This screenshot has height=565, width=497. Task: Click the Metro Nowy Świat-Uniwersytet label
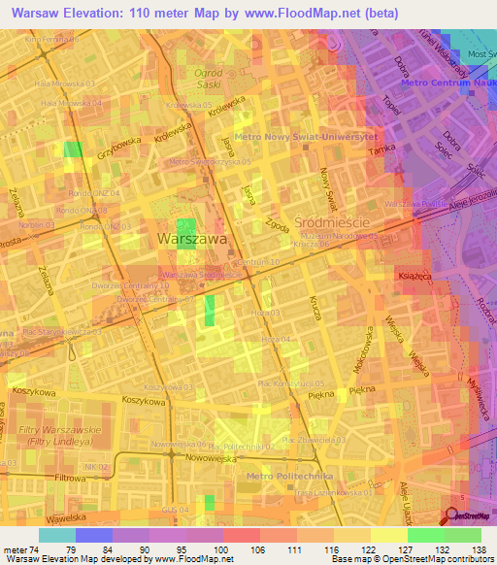coord(307,136)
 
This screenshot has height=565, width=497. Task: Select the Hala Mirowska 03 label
coord(67,84)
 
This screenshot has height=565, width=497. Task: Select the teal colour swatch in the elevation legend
coord(56,535)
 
